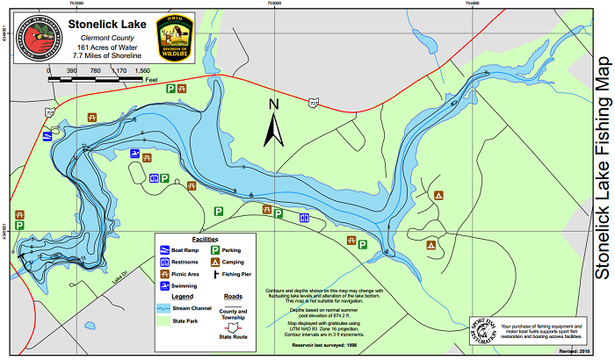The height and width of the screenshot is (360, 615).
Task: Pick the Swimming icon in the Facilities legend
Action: pos(165,284)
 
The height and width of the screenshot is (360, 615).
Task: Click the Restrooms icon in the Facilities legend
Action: pos(165,262)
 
